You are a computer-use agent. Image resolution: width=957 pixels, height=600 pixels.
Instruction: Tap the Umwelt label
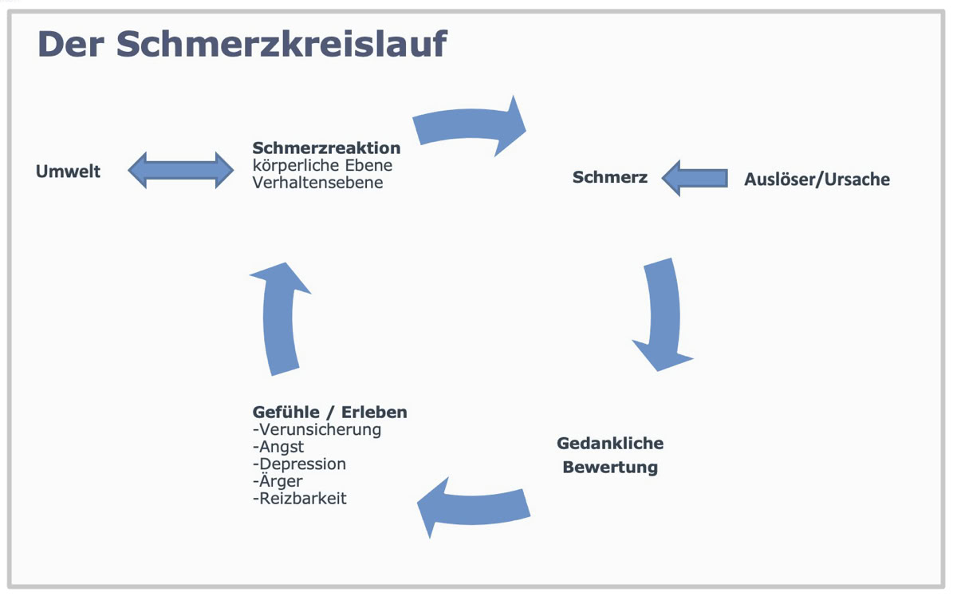point(69,171)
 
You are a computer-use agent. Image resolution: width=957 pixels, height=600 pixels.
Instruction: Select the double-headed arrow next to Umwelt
point(181,170)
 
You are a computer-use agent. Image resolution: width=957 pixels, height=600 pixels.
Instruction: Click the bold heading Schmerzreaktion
point(326,148)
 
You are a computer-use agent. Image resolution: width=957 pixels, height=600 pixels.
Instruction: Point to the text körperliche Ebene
point(322,166)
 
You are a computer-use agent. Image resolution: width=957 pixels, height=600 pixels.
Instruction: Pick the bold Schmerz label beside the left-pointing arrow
point(610,177)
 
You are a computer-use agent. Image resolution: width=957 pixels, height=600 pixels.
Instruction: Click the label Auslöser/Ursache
point(817,179)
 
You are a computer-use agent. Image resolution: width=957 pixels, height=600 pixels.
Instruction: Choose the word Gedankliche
point(610,443)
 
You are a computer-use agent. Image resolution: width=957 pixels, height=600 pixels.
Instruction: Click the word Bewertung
point(610,467)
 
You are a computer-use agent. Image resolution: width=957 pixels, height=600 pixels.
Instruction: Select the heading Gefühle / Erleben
point(329,412)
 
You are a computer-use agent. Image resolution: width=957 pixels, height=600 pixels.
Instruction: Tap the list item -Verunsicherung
point(317,429)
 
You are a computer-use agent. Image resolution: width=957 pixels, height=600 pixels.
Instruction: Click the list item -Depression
point(299,464)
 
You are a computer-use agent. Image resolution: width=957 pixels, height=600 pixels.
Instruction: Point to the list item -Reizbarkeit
point(299,499)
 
